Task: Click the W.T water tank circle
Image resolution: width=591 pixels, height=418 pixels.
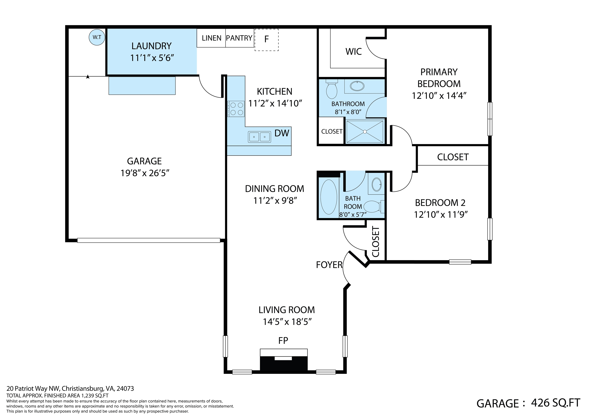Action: click(97, 37)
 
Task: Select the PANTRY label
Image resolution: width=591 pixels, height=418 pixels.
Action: click(239, 38)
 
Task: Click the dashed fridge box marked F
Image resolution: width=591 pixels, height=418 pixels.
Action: click(266, 40)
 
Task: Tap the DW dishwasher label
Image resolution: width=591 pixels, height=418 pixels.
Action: click(282, 133)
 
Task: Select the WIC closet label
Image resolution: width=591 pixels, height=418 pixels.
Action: click(353, 52)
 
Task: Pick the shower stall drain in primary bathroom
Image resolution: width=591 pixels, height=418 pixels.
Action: click(365, 132)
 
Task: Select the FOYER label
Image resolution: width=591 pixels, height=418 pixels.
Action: click(329, 265)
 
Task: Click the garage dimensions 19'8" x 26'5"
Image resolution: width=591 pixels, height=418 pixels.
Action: click(145, 173)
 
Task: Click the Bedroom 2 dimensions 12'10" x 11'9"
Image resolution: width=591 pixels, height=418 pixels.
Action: click(440, 214)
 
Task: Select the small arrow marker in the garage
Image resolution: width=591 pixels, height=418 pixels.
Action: click(88, 76)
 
